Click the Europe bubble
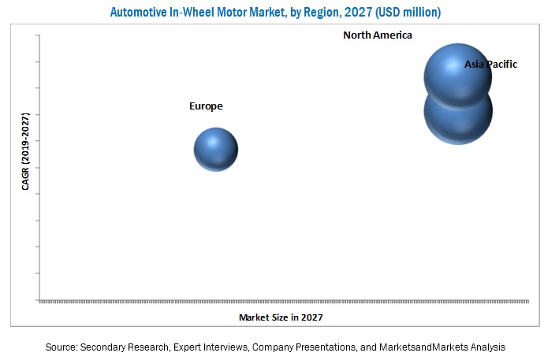tap(216, 150)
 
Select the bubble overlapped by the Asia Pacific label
tap(457, 76)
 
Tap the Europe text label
tap(206, 106)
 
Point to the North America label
tap(378, 35)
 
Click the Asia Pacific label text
tap(490, 65)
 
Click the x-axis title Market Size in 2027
tap(281, 317)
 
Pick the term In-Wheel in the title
tap(196, 12)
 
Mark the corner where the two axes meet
tap(39, 300)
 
